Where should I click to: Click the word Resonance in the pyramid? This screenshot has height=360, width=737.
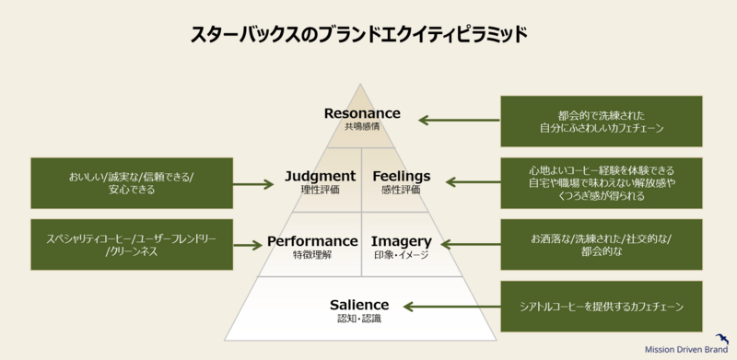coord(362,113)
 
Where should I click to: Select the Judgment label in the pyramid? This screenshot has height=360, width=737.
coord(320,176)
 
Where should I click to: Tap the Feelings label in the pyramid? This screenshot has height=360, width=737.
coord(401,176)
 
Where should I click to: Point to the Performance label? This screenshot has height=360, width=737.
coord(312,240)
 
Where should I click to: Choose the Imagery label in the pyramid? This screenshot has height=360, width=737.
coord(402,240)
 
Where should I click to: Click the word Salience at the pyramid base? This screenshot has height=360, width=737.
coord(359,304)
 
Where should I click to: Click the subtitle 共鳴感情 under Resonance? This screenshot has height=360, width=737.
coord(362,127)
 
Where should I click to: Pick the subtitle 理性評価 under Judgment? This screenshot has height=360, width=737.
coord(322,190)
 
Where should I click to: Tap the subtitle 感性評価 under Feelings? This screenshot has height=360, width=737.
coord(401,190)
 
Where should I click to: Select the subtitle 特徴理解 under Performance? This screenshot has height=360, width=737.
coord(312,254)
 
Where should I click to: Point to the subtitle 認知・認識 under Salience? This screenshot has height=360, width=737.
coord(359,319)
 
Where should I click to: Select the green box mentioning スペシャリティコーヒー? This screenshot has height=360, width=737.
coord(130,245)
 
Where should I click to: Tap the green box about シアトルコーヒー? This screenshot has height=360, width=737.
coord(601,307)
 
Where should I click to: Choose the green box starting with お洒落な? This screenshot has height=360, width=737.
coord(601,245)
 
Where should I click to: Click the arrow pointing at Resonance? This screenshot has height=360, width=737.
coord(459,120)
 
